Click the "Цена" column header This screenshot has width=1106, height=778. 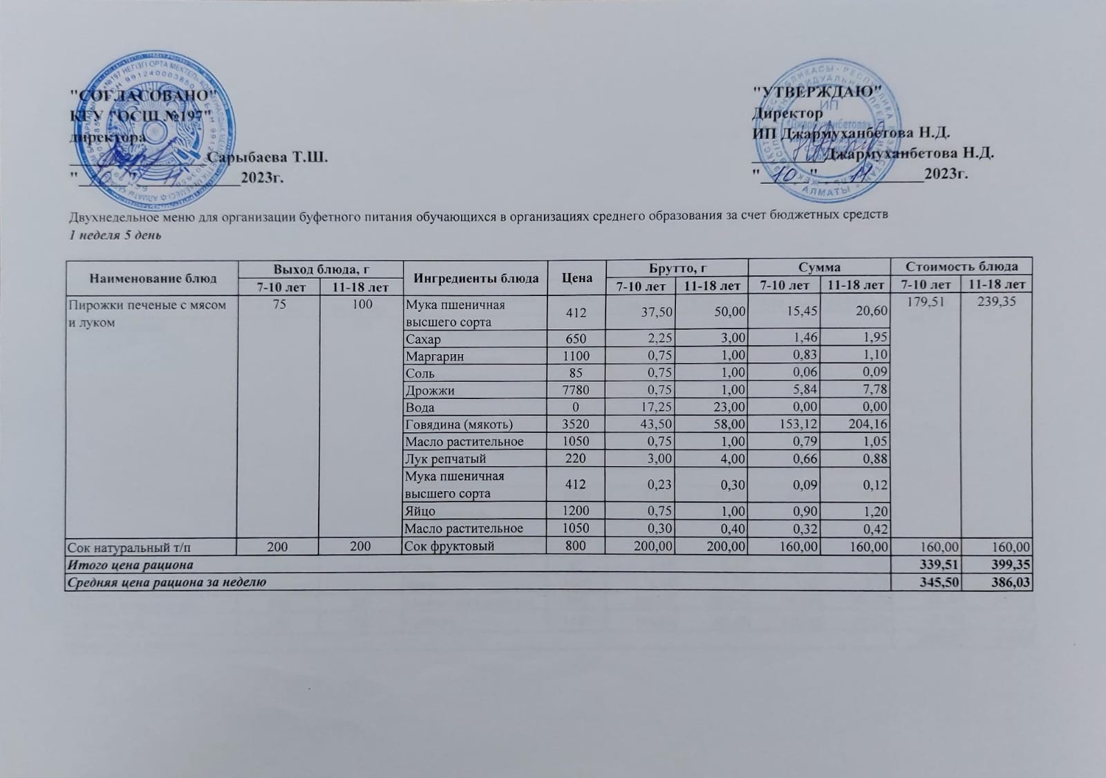tap(577, 277)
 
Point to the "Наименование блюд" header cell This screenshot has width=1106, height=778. tap(152, 277)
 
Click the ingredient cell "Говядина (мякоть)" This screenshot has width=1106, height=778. tap(459, 425)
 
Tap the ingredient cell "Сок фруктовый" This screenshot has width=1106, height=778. tap(450, 546)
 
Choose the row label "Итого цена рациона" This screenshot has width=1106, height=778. tap(129, 565)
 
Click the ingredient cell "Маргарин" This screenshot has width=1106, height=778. tap(435, 356)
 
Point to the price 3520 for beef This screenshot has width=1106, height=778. tap(577, 425)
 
